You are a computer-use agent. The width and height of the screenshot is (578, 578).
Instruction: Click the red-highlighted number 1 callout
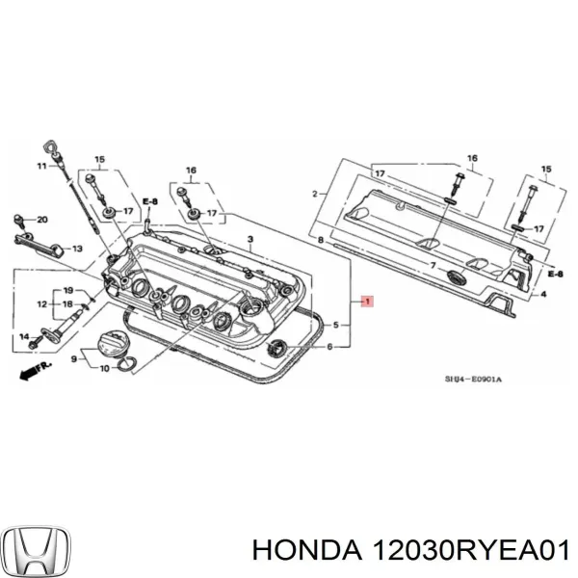click(x=366, y=302)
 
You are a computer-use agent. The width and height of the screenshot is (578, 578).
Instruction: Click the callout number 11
click(x=41, y=167)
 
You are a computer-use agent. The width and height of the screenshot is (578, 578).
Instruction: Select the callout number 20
click(x=40, y=220)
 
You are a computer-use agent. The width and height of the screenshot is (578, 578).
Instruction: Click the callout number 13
click(x=76, y=249)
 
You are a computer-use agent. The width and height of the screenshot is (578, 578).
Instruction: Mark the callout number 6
click(x=330, y=347)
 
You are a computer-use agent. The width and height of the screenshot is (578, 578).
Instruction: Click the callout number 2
click(x=314, y=194)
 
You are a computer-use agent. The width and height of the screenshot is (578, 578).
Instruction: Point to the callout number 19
click(x=68, y=290)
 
